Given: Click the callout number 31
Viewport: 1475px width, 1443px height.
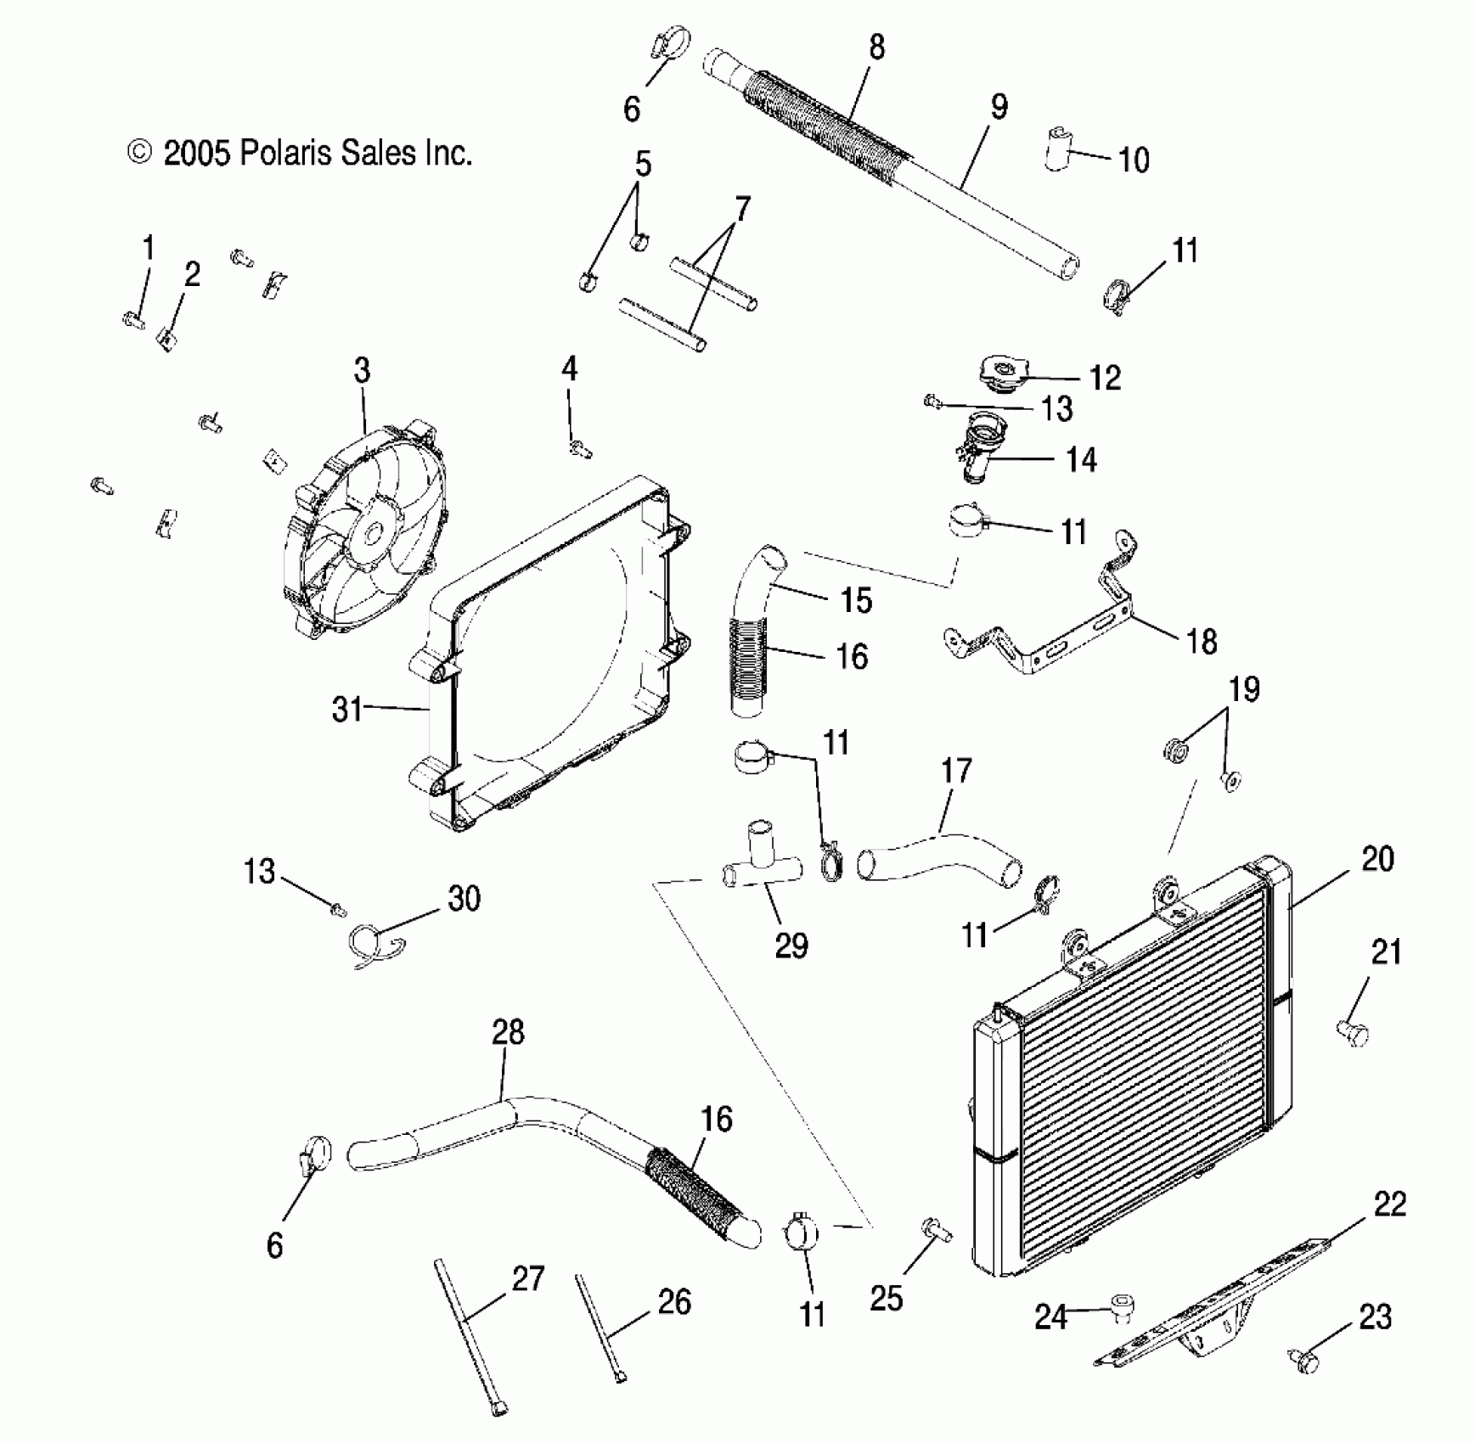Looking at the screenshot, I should point(346,709).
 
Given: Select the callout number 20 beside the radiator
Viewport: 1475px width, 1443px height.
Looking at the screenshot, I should point(1377,860).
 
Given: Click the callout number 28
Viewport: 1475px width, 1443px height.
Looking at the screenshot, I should point(508,1032).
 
